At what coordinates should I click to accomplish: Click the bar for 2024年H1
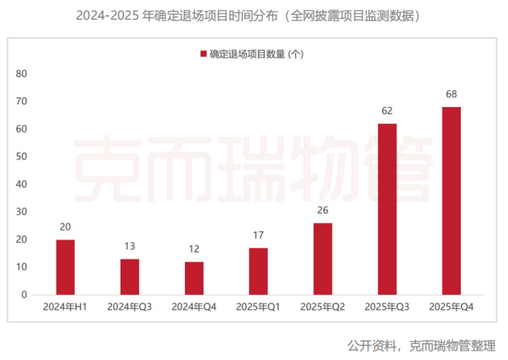(65, 267)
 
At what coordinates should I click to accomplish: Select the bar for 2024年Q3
(130, 277)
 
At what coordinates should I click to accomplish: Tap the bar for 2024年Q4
(194, 278)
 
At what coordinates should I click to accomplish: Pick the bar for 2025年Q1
(258, 271)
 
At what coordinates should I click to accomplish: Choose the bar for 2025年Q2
(323, 258)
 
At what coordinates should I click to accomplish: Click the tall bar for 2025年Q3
(387, 209)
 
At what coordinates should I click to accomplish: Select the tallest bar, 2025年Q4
(451, 201)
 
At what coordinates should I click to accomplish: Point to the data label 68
(452, 94)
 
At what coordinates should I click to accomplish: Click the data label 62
(387, 111)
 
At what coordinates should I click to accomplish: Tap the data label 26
(323, 211)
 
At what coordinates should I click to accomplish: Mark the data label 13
(130, 246)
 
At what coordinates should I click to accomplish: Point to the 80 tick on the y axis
(21, 73)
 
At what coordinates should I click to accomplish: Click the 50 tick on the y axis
(21, 156)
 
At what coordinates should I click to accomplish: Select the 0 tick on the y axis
(24, 294)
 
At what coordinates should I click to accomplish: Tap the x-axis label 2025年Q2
(323, 307)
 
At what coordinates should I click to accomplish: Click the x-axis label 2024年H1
(65, 307)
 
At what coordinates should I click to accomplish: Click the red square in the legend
(204, 54)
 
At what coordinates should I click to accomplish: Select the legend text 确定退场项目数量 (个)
(257, 54)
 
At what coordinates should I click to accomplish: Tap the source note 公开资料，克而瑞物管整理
(421, 345)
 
